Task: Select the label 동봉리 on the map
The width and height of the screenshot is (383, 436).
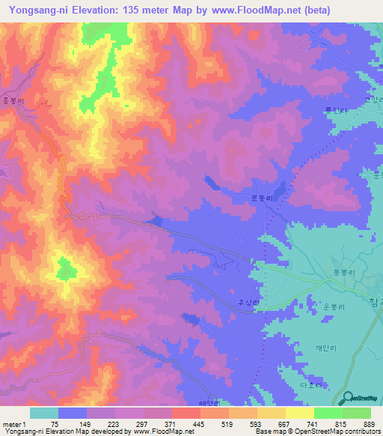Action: pos(341,273)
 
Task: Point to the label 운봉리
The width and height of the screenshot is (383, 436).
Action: pos(334,307)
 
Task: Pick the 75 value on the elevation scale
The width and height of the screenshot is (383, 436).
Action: pos(57,423)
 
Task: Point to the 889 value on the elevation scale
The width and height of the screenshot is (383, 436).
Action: pos(370,423)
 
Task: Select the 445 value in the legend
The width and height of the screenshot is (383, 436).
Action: pos(200,423)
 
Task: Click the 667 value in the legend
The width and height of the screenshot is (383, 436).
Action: pos(285,423)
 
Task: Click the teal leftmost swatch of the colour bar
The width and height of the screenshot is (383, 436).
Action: pos(43,413)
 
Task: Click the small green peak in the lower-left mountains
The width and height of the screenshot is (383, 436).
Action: pos(66,267)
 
